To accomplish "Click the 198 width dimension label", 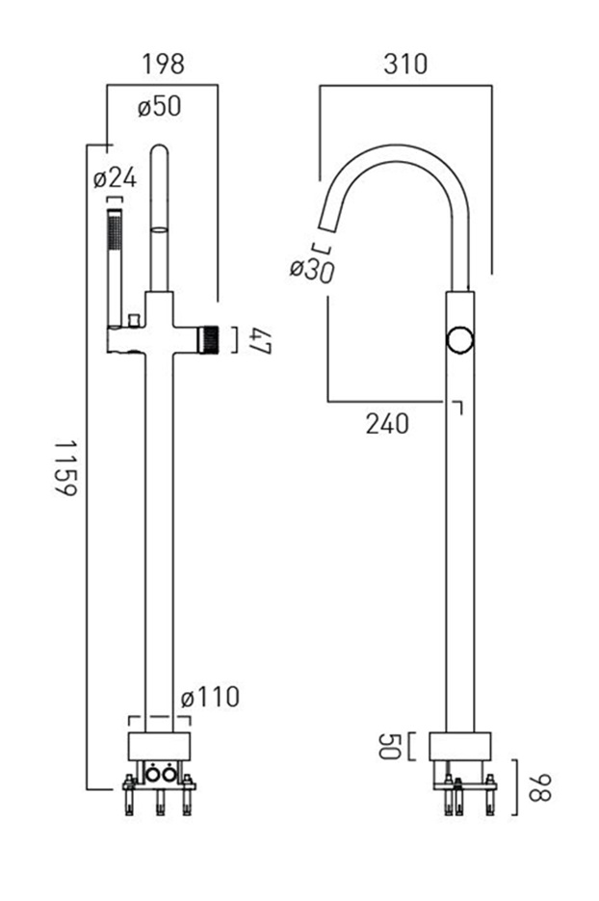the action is pos(163,64).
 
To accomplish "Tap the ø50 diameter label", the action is pos(159,106).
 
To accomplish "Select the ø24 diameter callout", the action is pos(115,177).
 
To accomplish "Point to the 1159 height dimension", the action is pos(65,467).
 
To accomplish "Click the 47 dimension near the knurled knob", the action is pos(260,341).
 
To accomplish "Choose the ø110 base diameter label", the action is pos(210,698).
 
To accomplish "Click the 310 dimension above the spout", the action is pos(405,64).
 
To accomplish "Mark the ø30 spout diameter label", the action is pos(312,270).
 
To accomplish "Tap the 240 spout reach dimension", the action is pos(388,424).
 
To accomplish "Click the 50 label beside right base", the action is pos(389,746).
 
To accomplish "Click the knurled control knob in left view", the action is pos(209,339).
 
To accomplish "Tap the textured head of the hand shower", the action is pos(115,230).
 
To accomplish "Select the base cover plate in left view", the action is pos(159,747).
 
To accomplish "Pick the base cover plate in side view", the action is pos(460,747).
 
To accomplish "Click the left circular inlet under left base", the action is pos(153,775).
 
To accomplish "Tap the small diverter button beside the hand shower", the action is pos(135,320).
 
